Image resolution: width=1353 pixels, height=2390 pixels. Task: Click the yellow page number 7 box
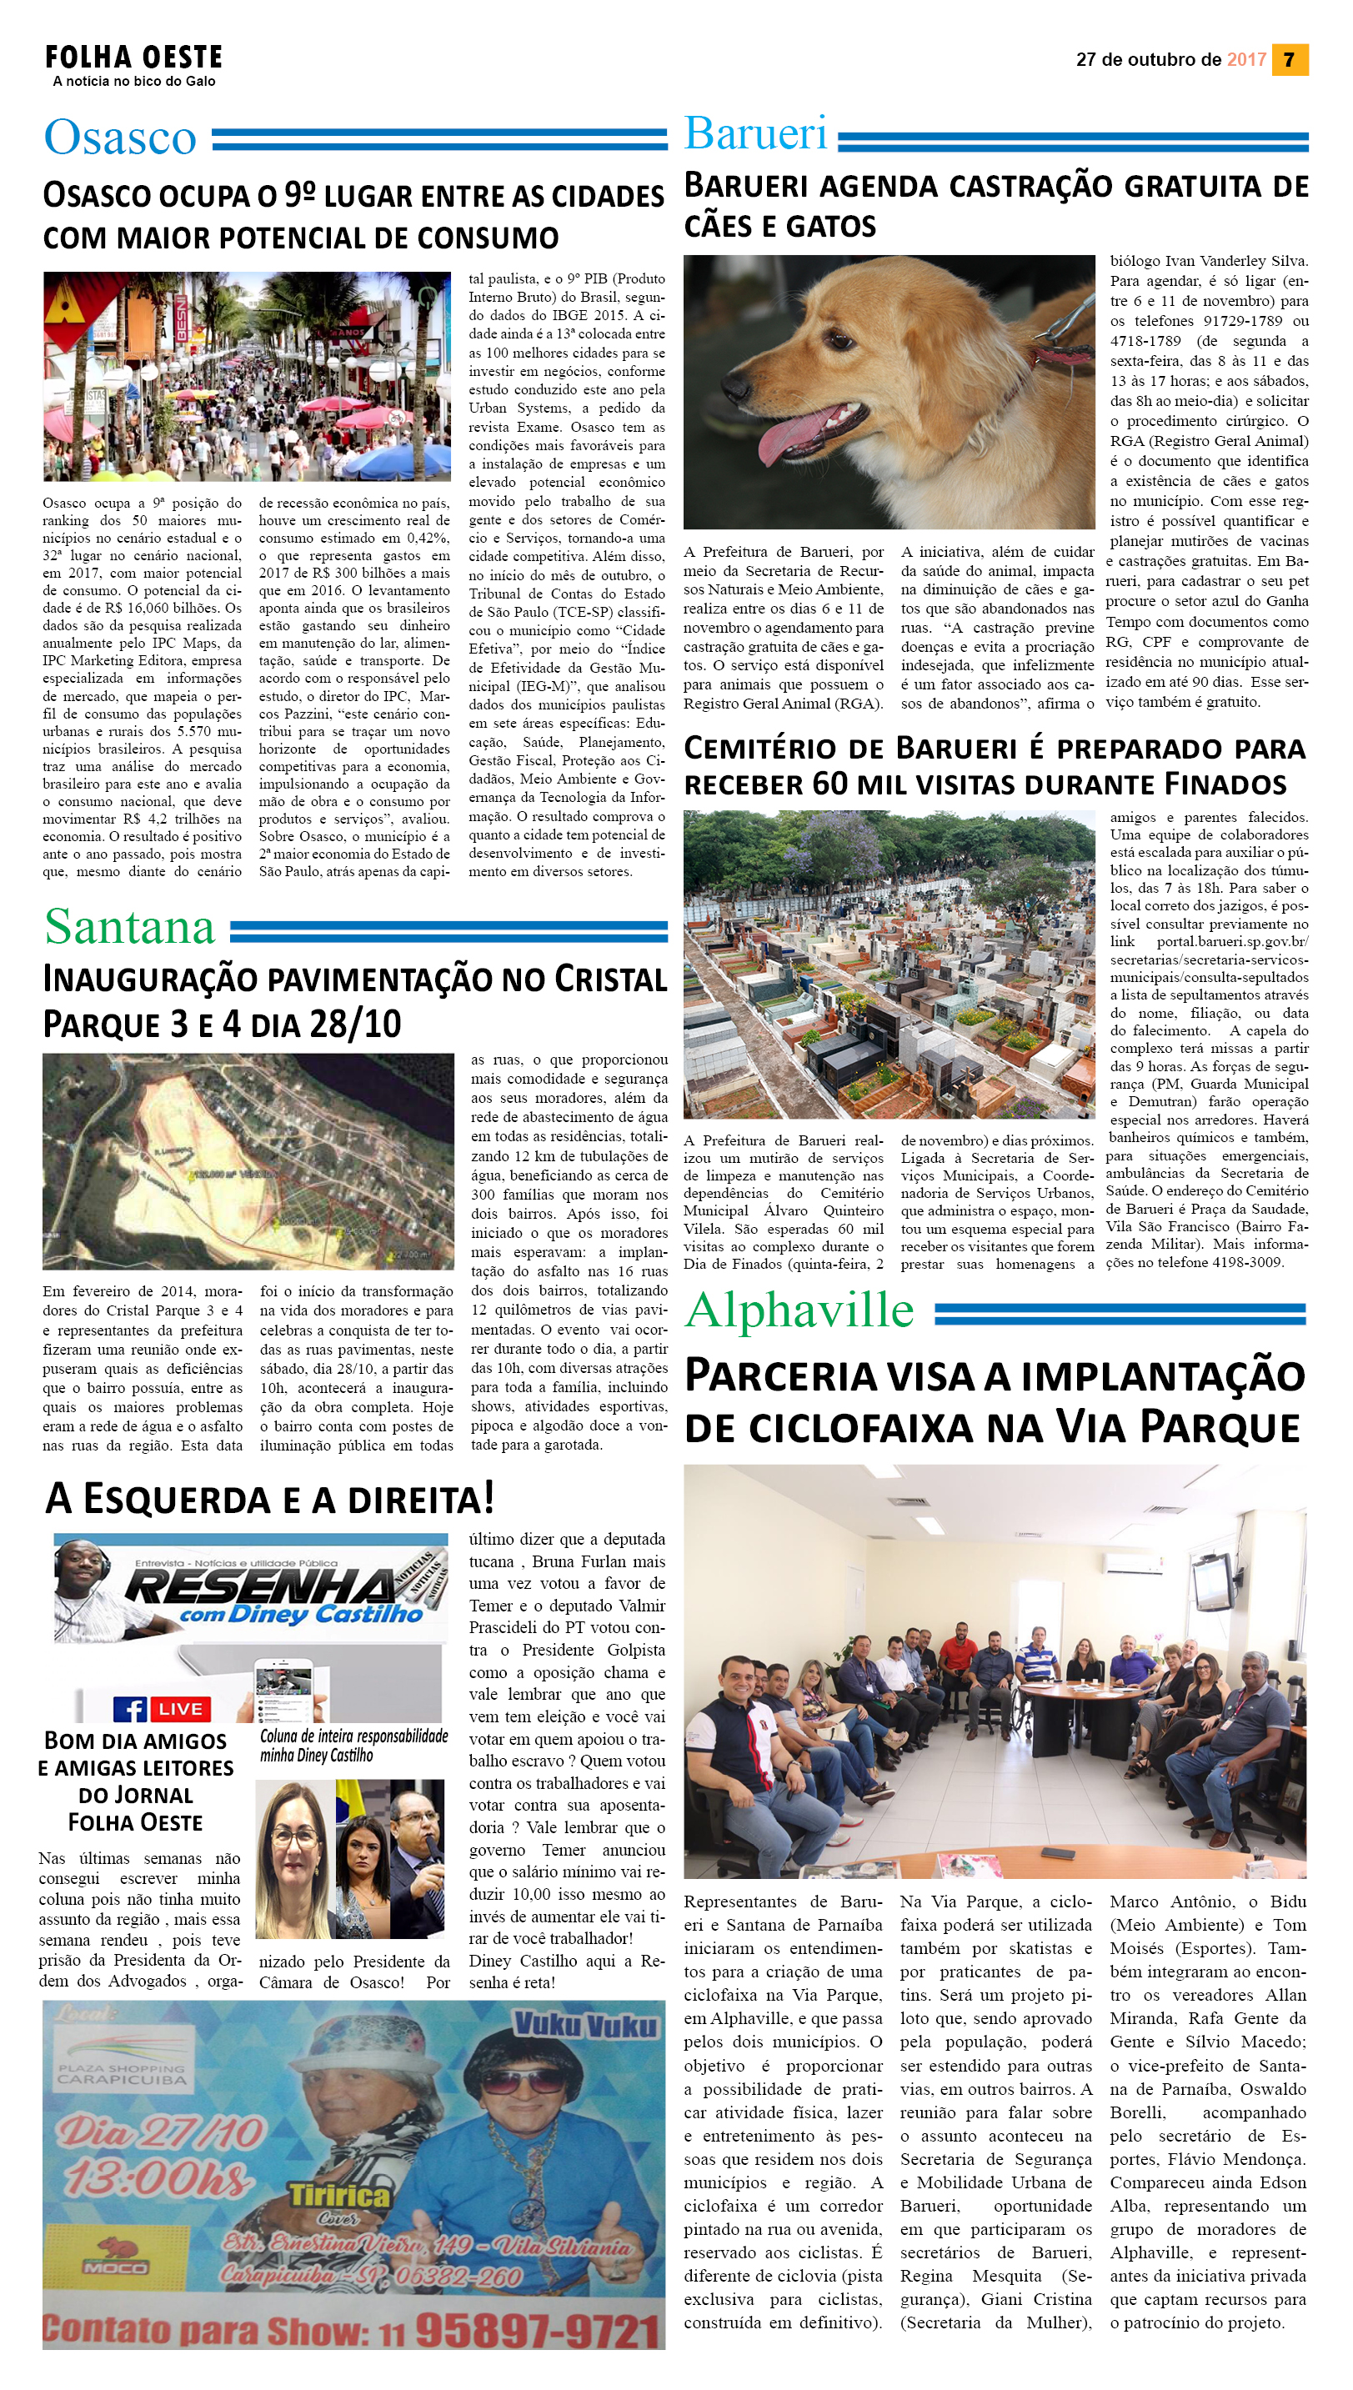point(1289,59)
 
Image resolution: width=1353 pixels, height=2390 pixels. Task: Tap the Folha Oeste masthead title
point(134,58)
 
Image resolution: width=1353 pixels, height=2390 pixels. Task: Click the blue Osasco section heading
point(120,138)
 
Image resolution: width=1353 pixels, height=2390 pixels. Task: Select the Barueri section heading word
point(754,134)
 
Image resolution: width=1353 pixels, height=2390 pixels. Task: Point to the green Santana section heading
point(129,926)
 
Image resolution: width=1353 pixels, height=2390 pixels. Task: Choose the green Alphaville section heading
point(799,1310)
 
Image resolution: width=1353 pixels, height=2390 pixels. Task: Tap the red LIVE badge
point(180,1709)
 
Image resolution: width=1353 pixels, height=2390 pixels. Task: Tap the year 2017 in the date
point(1246,59)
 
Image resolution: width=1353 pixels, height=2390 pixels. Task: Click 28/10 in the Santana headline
point(355,1024)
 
